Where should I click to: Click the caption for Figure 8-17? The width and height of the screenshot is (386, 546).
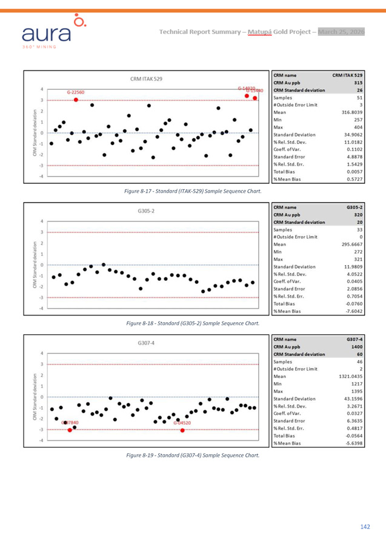coord(193,191)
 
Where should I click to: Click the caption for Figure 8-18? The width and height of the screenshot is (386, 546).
coord(193,325)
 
